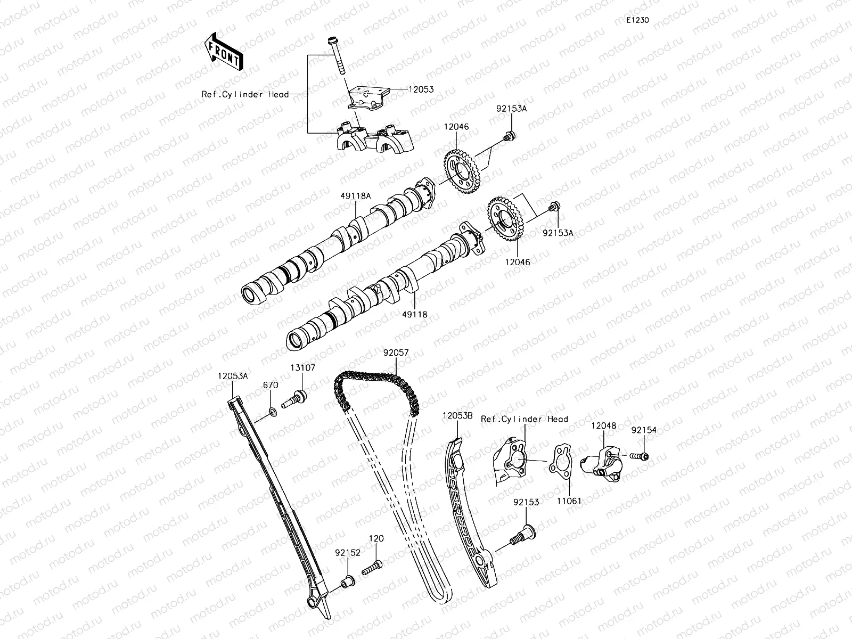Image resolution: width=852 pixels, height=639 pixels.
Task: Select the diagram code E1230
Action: pos(637,20)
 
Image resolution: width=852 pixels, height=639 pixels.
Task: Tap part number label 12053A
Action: pos(232,375)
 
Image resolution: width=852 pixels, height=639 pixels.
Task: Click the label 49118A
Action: pos(356,196)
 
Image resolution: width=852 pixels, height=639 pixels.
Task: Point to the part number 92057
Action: pos(396,352)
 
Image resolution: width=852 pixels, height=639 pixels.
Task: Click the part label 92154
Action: pos(644,430)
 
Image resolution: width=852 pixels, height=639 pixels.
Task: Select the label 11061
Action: pos(569,501)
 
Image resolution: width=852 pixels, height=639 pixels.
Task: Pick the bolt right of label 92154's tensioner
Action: pos(640,456)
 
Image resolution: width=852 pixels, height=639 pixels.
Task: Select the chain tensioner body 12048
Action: pos(599,459)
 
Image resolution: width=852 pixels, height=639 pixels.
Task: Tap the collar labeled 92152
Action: pos(346,583)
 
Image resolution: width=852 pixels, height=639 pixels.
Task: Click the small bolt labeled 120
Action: pos(372,568)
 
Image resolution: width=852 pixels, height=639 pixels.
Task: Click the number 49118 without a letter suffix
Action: pos(415,315)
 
